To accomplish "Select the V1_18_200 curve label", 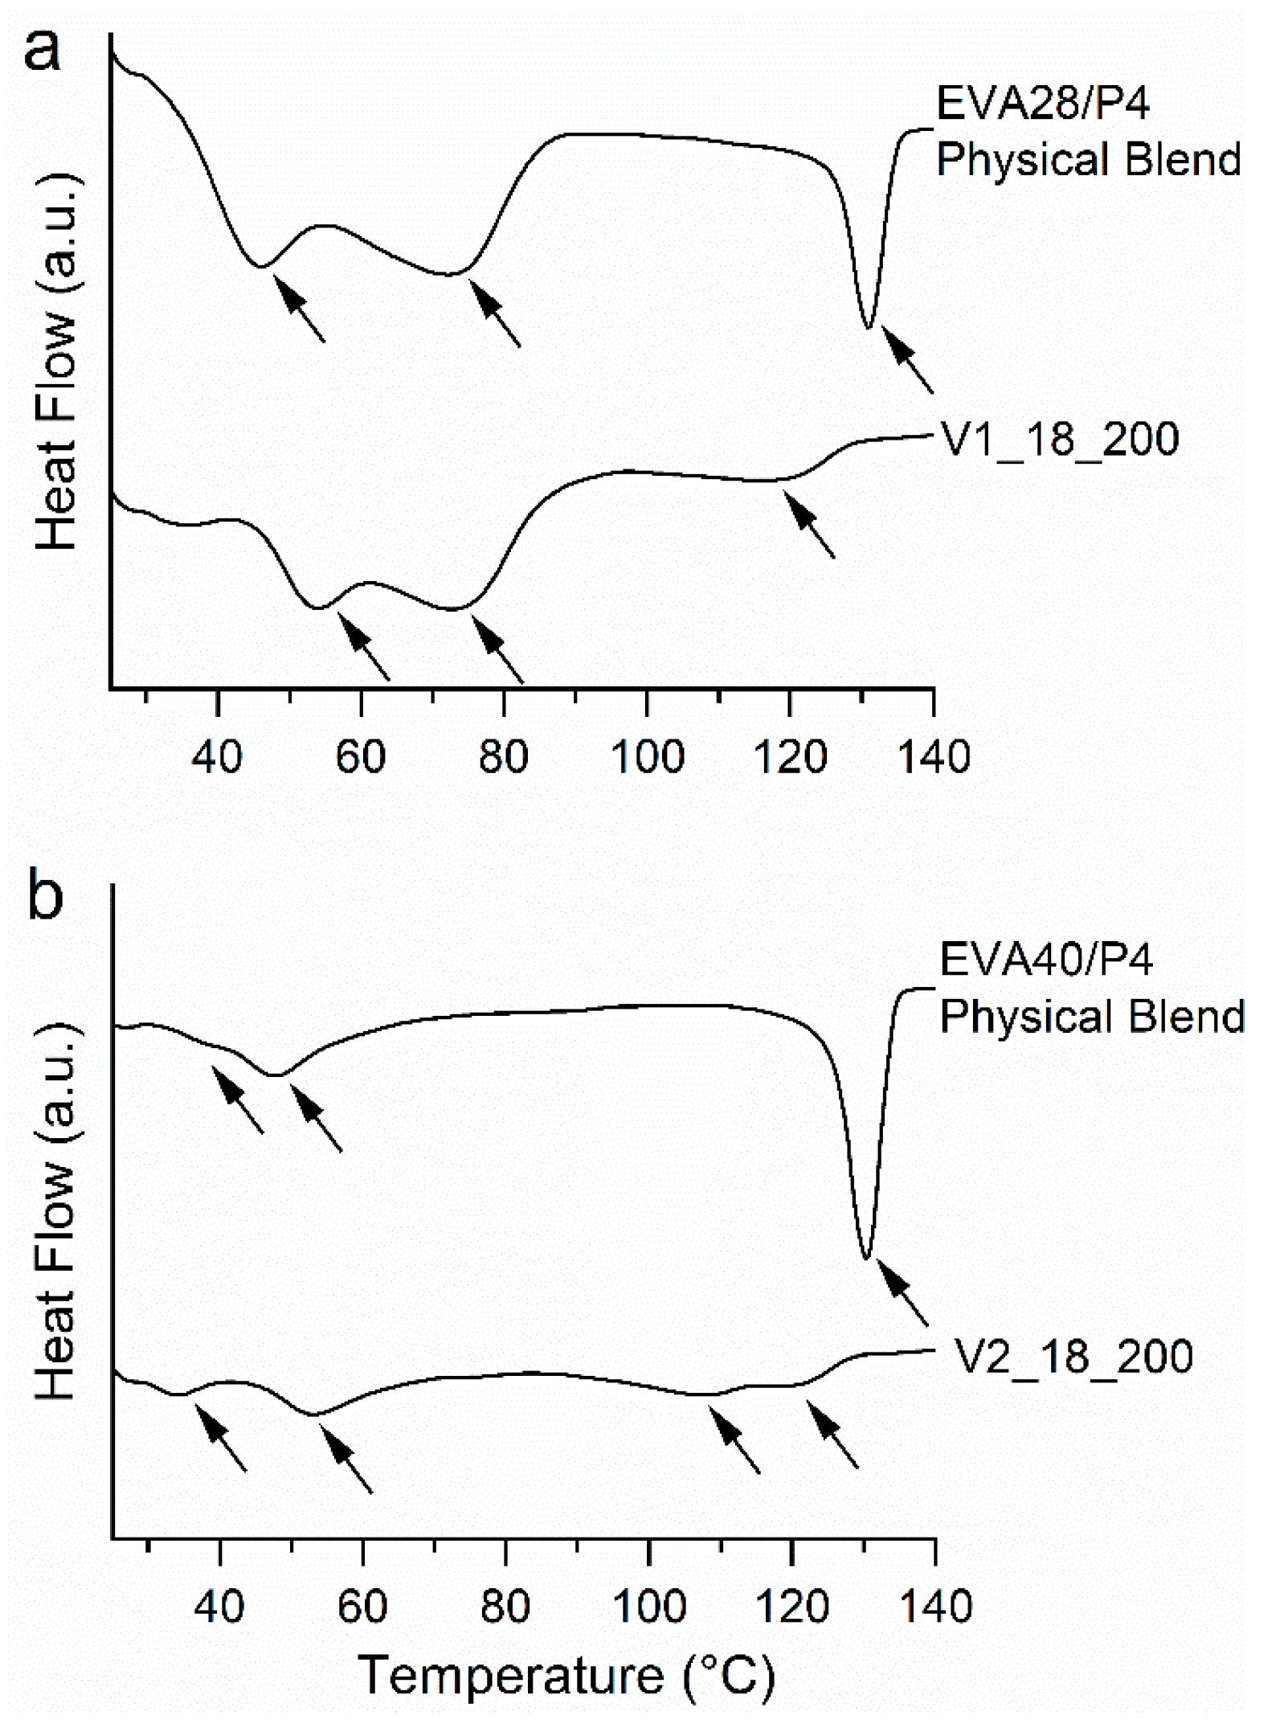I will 1059,440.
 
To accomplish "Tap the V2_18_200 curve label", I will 1073,1357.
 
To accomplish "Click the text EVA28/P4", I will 1042,104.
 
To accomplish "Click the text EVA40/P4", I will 1045,960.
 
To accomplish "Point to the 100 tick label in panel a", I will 648,757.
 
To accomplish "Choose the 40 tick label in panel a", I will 217,757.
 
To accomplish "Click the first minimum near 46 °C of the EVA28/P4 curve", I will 260,265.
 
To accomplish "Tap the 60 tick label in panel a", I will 361,757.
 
